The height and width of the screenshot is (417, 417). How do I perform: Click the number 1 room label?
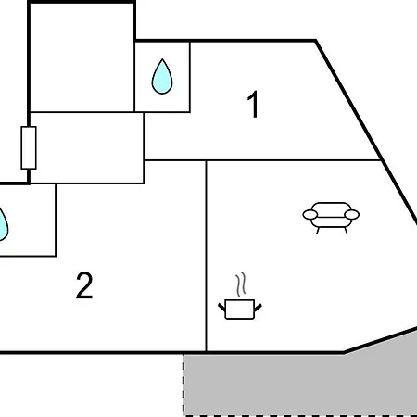click(253, 105)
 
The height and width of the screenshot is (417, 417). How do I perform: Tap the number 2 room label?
click(84, 285)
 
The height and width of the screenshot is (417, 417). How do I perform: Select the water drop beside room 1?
click(162, 76)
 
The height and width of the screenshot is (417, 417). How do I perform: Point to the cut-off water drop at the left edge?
click(3, 224)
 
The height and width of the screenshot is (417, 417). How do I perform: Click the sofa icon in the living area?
click(331, 217)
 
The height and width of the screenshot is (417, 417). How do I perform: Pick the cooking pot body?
click(240, 309)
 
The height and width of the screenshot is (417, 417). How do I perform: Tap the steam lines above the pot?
click(241, 284)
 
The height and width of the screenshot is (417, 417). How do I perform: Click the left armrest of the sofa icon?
click(310, 214)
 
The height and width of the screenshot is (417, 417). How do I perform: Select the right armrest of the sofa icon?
click(352, 214)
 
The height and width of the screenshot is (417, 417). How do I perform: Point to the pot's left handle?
click(221, 308)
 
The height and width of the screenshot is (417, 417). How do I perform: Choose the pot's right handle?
click(258, 308)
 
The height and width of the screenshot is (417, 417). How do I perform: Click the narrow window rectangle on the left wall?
click(29, 147)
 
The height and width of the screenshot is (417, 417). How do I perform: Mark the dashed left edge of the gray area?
click(183, 385)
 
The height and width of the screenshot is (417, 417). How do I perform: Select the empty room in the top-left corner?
click(82, 57)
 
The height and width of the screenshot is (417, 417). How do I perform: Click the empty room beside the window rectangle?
click(87, 147)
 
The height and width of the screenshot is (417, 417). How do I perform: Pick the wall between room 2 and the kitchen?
click(206, 256)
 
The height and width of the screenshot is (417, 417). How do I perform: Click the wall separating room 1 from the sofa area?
click(262, 160)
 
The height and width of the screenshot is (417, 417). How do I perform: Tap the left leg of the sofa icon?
click(318, 230)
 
